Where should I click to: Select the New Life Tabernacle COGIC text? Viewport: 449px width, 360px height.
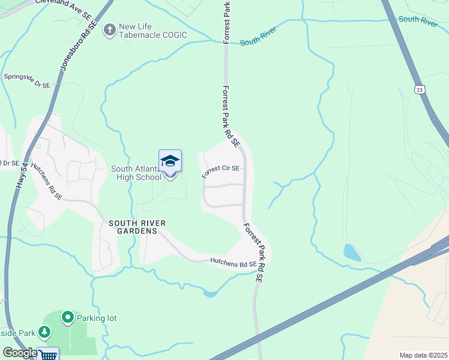point(153,31)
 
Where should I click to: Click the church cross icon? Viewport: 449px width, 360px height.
point(109,29)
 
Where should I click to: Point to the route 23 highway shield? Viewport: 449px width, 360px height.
point(418,89)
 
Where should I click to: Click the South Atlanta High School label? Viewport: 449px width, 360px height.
point(136,173)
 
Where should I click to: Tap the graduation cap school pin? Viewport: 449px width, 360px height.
point(170,161)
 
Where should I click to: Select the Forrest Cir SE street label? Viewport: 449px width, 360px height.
point(221,172)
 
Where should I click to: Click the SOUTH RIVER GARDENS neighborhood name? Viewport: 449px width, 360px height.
point(137,227)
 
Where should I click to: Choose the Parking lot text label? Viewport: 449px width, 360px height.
point(97,317)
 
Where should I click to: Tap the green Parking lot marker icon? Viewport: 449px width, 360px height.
point(68,317)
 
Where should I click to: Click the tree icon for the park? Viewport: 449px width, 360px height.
point(44,331)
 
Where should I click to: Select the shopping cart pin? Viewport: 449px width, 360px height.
point(48,354)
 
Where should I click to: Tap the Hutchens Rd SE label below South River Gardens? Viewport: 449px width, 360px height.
point(233,262)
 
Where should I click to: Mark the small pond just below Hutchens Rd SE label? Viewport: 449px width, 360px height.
point(209,293)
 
